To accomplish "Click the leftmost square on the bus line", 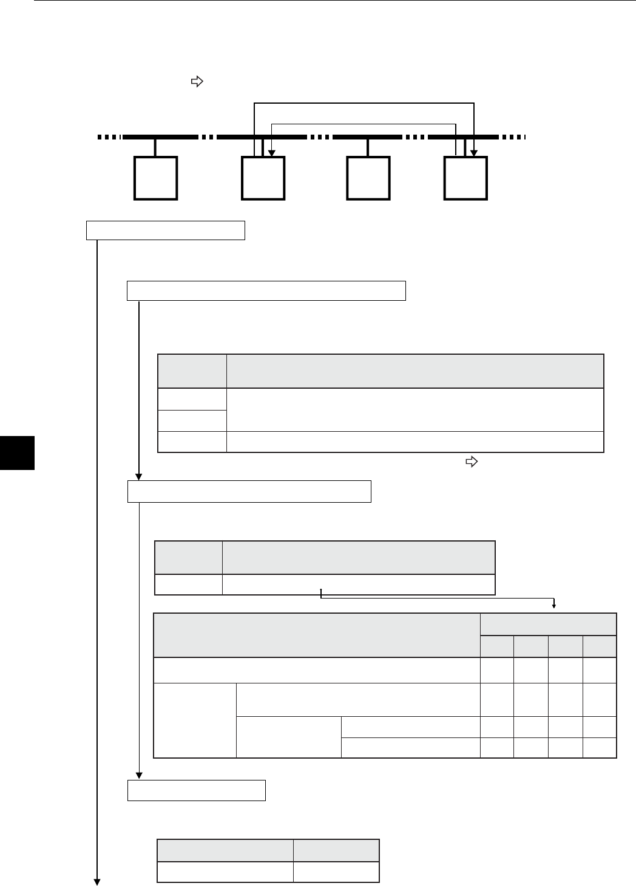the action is tap(156, 178).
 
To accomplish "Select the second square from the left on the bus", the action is tap(263, 178).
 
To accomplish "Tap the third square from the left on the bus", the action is tap(368, 178).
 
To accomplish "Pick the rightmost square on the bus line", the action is tap(465, 178).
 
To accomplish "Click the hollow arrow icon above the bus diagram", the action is tap(196, 81).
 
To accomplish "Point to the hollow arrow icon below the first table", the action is tap(470, 462).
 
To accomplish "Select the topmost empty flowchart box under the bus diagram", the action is tap(166, 231).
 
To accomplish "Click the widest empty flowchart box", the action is tap(266, 290).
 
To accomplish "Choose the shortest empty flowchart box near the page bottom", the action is tap(197, 790).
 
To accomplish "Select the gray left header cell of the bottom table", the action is tap(225, 850).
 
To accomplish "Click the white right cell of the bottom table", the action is tap(337, 871).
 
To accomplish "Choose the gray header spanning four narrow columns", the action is tap(549, 624).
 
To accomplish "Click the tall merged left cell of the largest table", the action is tap(195, 720).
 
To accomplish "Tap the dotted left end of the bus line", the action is tap(110, 137).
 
